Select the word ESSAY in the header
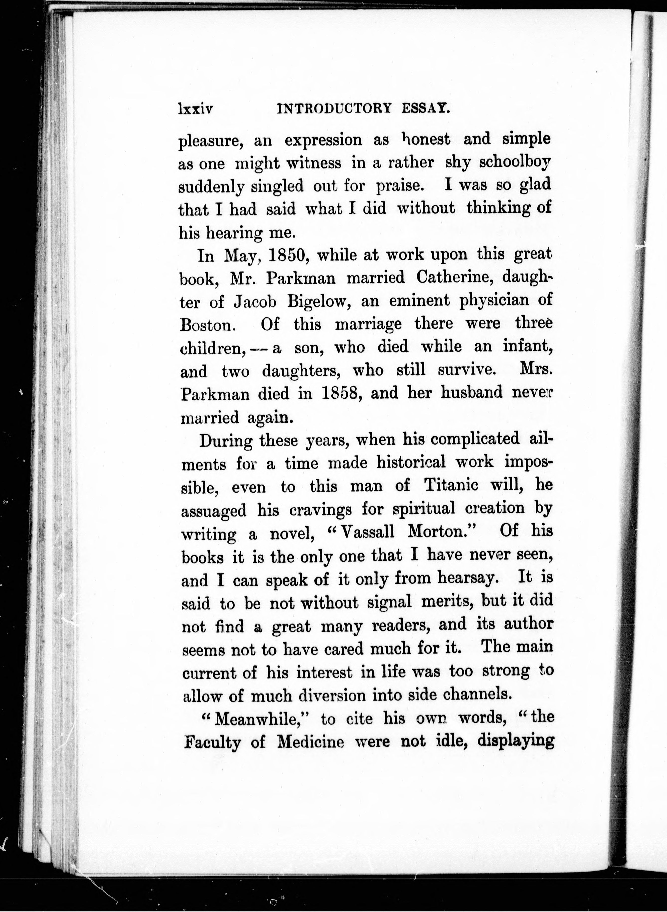click(x=430, y=109)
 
